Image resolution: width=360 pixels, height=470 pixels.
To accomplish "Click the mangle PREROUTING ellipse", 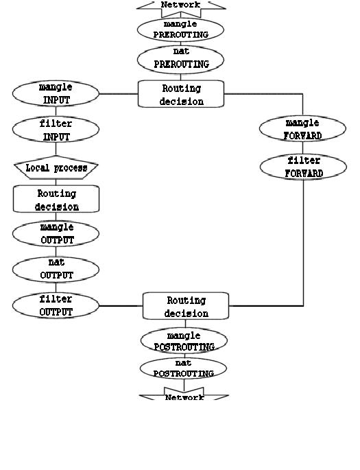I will coord(181,30).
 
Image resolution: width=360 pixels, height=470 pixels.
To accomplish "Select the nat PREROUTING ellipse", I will coord(181,59).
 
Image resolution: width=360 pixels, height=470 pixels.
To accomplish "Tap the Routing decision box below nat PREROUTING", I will coord(181,94).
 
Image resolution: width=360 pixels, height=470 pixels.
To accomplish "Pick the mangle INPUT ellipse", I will coord(56,94).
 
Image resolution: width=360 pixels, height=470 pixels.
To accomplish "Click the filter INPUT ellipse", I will coord(56,130).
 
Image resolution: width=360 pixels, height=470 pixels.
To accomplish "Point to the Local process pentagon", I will coord(56,168).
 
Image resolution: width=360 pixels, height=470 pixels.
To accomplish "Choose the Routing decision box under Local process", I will coord(56,200).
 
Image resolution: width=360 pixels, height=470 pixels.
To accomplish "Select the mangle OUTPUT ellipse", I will coord(56,233).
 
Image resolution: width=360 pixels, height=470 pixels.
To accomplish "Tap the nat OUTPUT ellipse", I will coord(56,269).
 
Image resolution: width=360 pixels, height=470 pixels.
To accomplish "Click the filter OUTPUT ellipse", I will coord(56,305).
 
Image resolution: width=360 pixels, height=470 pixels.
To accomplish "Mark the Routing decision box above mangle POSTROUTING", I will coord(185,306).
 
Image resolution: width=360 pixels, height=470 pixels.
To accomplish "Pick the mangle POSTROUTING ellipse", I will coord(184,341).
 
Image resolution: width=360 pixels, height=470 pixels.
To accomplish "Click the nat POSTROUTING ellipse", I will coord(184,368).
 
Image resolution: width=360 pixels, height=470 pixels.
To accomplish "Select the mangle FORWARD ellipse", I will coord(302,129).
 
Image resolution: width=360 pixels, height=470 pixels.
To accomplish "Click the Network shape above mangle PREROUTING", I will coord(181,5).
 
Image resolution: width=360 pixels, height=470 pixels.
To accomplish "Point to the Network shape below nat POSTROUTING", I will coord(184,397).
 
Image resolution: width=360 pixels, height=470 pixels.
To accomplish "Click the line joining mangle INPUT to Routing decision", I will coord(119,94).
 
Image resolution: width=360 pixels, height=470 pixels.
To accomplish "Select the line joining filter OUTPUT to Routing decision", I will coord(121,306).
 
